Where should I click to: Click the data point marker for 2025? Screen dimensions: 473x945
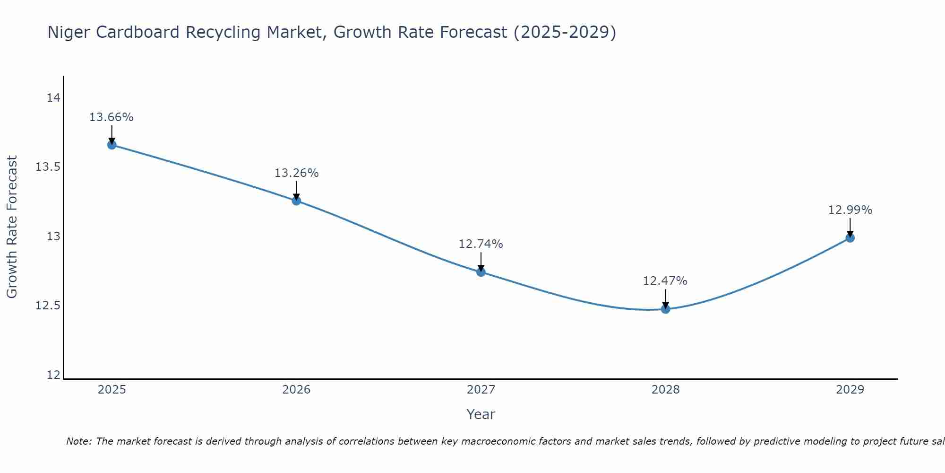(112, 145)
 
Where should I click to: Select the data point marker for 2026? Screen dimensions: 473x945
(296, 201)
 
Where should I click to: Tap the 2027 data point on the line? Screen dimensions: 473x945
(481, 272)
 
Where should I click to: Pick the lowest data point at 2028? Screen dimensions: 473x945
(665, 309)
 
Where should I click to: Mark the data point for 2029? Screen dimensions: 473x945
(850, 238)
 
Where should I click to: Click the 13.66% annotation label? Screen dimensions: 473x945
(112, 117)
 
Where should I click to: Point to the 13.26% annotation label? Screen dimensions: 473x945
(296, 173)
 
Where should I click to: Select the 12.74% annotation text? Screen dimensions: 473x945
(481, 244)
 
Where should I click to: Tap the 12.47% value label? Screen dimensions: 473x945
(665, 281)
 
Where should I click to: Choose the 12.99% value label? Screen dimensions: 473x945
(850, 210)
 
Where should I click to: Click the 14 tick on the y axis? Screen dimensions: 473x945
(53, 98)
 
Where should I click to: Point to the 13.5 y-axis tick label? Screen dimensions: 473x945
(48, 167)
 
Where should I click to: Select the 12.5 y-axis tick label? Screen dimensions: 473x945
(48, 306)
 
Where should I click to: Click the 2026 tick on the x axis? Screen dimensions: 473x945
(296, 390)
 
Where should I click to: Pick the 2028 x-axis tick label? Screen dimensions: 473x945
(665, 390)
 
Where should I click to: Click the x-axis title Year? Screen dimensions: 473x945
(481, 414)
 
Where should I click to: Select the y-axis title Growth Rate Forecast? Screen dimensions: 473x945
(12, 227)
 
